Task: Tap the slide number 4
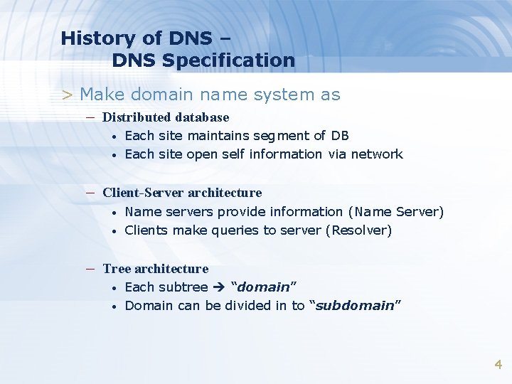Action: (498, 365)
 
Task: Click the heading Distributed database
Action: (166, 117)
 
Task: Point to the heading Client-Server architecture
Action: (182, 193)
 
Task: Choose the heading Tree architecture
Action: (155, 269)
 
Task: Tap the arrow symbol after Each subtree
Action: (219, 287)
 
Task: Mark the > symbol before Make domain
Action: (68, 95)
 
